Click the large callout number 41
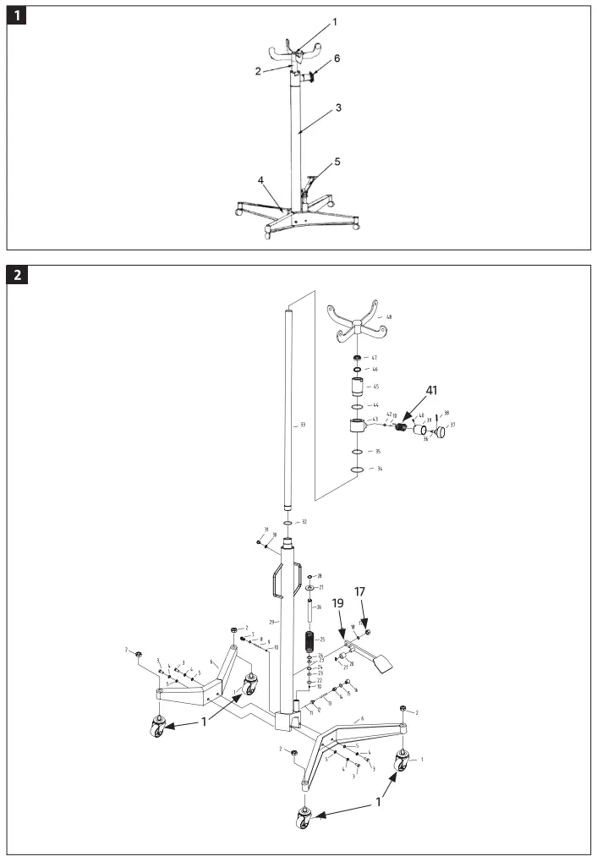click(x=432, y=390)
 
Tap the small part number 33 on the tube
click(x=302, y=426)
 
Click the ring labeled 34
click(x=358, y=469)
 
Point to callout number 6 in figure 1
click(x=337, y=58)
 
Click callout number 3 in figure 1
click(x=338, y=108)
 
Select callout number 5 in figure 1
click(x=337, y=161)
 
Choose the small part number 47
click(x=374, y=358)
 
